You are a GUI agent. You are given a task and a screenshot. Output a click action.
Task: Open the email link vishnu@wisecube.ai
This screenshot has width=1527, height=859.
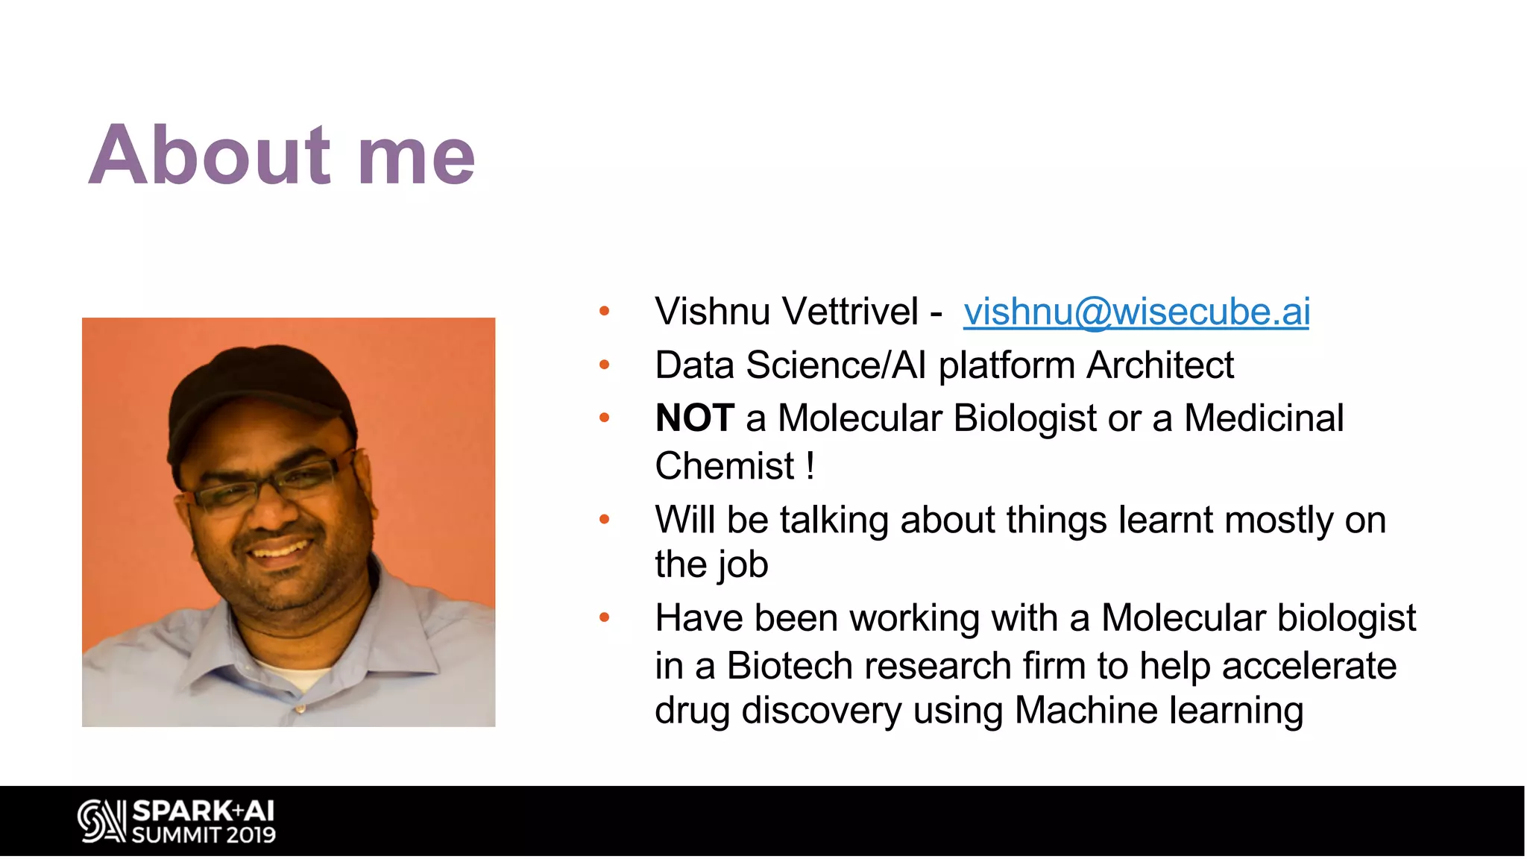tap(1136, 312)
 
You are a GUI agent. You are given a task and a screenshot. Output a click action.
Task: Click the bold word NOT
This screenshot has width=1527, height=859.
tap(694, 418)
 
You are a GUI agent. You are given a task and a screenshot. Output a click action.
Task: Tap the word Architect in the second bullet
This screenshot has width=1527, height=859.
tap(1159, 365)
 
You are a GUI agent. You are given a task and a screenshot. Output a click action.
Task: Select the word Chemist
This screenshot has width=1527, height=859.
tap(724, 467)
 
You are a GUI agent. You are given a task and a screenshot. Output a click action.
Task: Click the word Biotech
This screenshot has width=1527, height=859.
tap(789, 666)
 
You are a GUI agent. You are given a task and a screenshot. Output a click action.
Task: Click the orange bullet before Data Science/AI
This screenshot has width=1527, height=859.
tap(604, 365)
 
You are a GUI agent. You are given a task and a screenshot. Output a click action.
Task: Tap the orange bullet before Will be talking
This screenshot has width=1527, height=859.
tap(604, 520)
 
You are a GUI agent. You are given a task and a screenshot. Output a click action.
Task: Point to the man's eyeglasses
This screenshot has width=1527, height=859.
tap(268, 485)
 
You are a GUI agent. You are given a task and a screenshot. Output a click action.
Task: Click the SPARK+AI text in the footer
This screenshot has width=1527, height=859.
tap(203, 811)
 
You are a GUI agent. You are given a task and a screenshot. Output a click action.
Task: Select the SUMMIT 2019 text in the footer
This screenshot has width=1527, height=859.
tap(203, 835)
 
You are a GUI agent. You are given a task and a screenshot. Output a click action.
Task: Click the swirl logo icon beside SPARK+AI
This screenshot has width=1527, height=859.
tap(101, 821)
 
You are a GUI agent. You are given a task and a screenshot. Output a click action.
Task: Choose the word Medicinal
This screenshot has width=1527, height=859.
tap(1263, 418)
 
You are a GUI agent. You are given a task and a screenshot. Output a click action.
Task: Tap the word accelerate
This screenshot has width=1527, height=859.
tap(1309, 666)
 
